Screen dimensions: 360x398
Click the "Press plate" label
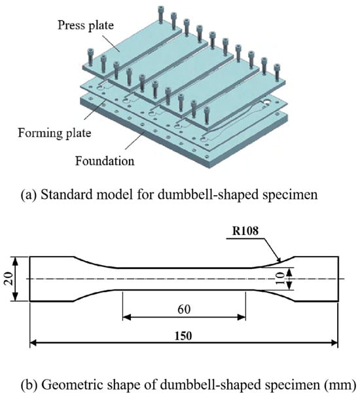(x=86, y=26)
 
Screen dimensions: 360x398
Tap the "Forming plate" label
(x=54, y=133)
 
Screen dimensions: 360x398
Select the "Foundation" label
(x=105, y=161)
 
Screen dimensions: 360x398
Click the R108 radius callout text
(x=245, y=231)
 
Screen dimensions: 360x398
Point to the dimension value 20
(x=9, y=279)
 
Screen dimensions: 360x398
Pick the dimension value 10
(x=280, y=279)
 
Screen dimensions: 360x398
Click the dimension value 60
(x=184, y=309)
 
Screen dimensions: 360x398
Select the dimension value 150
(x=183, y=336)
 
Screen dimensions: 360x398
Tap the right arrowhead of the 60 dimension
(x=242, y=317)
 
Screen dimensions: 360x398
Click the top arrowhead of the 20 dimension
(x=16, y=261)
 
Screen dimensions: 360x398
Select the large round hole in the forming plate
(x=267, y=101)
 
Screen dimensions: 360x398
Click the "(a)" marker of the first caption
(x=28, y=195)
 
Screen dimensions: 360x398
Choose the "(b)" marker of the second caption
(x=29, y=385)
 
